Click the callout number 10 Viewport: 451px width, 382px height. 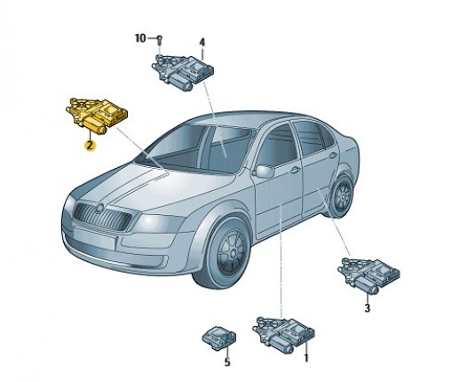140,38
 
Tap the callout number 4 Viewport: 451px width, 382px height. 202,43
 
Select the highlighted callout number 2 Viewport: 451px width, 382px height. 90,146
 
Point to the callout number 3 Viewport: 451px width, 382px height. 367,308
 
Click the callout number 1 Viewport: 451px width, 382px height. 306,357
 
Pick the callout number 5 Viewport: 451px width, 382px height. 227,362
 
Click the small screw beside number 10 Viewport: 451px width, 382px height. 160,40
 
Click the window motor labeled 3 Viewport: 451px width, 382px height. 368,275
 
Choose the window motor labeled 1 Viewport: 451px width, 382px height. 283,334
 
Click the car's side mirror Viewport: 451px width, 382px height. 265,171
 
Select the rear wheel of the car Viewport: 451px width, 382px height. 343,195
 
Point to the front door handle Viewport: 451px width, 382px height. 295,170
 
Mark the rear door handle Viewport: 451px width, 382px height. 333,155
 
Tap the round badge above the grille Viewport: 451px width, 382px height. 99,208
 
